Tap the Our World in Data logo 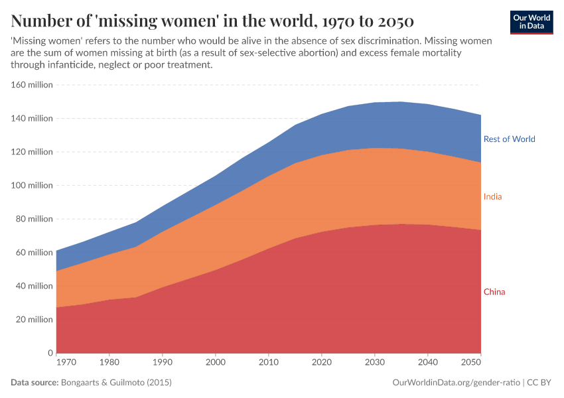[531, 22]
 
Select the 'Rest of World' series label [509, 139]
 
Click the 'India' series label [492, 197]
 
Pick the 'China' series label [494, 292]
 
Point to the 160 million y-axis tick [31, 85]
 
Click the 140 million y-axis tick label [31, 119]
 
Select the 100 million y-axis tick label [31, 186]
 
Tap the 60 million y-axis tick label [33, 253]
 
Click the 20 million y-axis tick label [33, 320]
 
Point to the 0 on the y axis [50, 353]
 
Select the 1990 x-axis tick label [162, 363]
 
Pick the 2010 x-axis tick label [268, 363]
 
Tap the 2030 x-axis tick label [374, 363]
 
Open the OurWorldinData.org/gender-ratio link [457, 383]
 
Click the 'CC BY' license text [540, 383]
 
